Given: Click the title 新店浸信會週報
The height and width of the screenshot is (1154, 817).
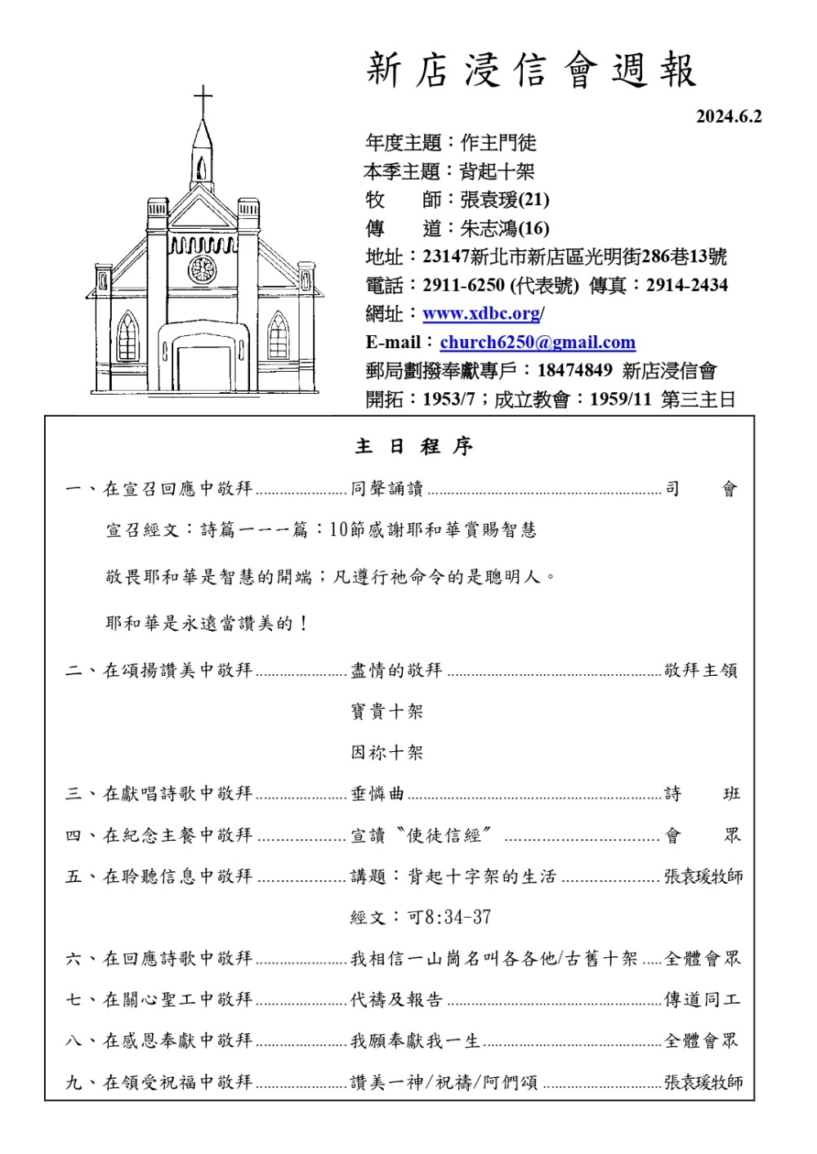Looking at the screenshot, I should point(531,70).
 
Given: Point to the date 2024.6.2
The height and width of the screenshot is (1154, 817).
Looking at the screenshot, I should point(728,117).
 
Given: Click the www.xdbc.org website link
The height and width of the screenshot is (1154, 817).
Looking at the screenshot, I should point(481,314).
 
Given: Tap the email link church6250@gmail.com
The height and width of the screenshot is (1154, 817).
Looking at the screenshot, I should point(537,342).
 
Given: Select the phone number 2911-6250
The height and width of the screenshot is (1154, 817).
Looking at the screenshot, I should point(463,285).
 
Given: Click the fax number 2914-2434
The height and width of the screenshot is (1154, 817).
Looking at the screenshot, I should point(686,285).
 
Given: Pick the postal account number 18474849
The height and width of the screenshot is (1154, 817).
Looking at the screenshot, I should point(574,370).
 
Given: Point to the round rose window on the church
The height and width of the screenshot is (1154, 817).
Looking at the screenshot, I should point(202,269).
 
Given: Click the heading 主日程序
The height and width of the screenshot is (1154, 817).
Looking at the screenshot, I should point(414,446).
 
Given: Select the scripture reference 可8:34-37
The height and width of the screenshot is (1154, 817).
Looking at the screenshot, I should point(449,917).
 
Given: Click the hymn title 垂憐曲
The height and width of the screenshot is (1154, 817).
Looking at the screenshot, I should point(377,794).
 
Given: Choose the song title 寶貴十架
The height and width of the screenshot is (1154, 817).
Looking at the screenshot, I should point(387,711).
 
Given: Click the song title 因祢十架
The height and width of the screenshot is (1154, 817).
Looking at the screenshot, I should point(387,752).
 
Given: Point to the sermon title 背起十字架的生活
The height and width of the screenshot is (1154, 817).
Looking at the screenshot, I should point(482,876).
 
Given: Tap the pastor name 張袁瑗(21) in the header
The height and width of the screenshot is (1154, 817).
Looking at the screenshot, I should point(504,199).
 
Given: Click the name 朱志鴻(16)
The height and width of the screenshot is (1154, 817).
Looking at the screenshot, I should point(504,228).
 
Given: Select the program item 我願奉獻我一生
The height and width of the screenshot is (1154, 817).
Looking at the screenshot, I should point(415,1040).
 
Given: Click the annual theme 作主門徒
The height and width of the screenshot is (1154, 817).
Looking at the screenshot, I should point(498,143).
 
